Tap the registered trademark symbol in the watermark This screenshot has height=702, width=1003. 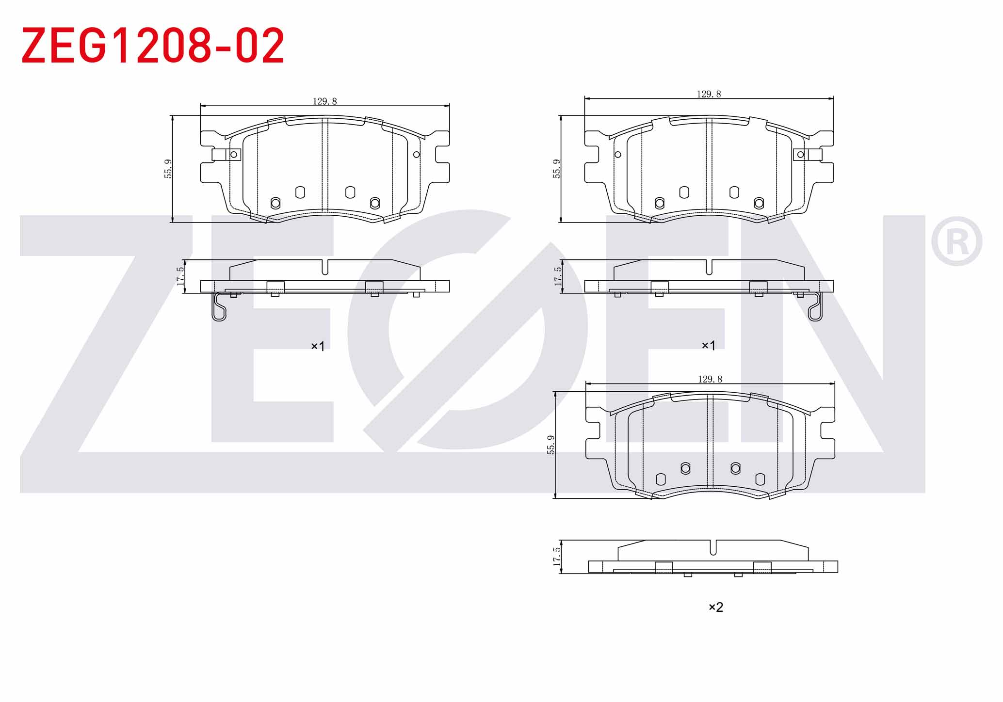point(956,241)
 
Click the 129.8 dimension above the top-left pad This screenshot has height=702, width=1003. point(324,101)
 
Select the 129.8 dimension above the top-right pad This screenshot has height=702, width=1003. point(709,94)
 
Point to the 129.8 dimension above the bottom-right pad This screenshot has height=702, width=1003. point(710,379)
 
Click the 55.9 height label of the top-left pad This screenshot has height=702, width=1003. point(168,169)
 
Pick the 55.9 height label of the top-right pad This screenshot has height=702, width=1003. point(557,169)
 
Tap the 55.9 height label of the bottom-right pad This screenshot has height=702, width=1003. point(551,445)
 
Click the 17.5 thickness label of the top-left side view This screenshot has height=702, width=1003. point(180,276)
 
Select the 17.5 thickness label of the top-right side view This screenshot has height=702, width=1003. point(558,276)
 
